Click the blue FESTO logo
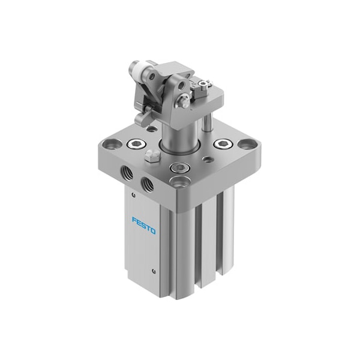(144, 226)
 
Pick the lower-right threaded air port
(148, 184)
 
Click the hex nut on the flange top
(152, 156)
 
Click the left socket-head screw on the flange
(136, 144)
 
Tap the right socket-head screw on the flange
(223, 144)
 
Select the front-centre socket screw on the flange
(179, 167)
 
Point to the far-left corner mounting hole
(112, 145)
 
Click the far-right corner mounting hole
(247, 144)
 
